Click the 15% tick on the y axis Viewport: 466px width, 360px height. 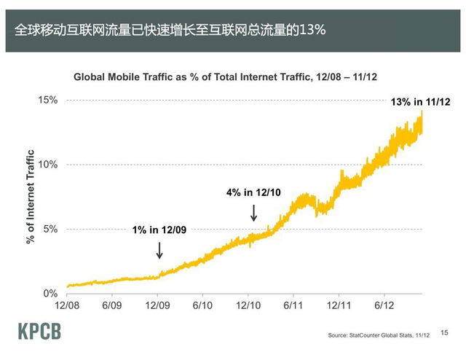point(48,100)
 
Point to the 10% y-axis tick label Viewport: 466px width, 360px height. point(48,165)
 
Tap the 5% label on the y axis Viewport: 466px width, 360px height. point(50,229)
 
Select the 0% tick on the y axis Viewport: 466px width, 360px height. point(50,293)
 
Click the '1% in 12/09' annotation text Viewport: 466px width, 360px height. point(159,230)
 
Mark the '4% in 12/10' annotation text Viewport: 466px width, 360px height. point(253,192)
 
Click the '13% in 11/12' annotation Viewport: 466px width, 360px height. point(421,103)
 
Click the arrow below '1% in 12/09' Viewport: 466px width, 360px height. point(159,250)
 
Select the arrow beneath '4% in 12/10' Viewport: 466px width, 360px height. point(253,212)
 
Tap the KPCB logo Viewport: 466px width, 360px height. point(39,332)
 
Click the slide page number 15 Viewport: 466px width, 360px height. point(444,331)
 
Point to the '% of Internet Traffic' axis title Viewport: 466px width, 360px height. point(31,197)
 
